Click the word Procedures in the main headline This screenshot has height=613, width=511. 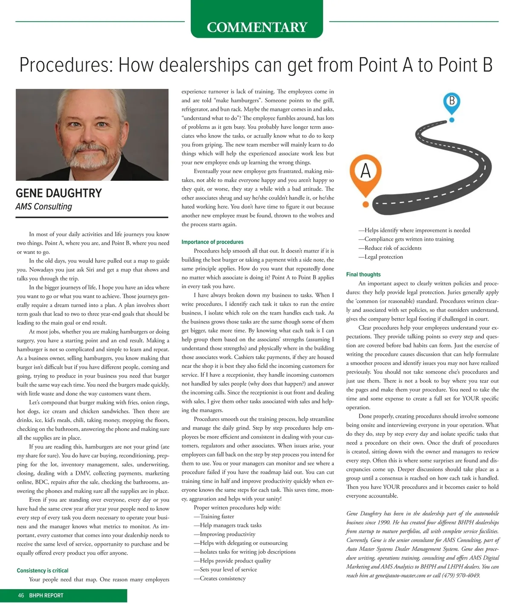click(x=65, y=65)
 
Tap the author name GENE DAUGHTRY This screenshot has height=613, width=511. click(x=59, y=193)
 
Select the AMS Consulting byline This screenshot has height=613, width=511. click(x=44, y=207)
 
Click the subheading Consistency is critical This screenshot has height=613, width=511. click(x=43, y=570)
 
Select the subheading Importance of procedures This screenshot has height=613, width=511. click(x=212, y=242)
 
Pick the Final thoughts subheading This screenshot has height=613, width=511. click(x=363, y=275)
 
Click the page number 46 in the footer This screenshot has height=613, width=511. click(x=21, y=596)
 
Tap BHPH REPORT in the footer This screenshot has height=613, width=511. click(x=46, y=596)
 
